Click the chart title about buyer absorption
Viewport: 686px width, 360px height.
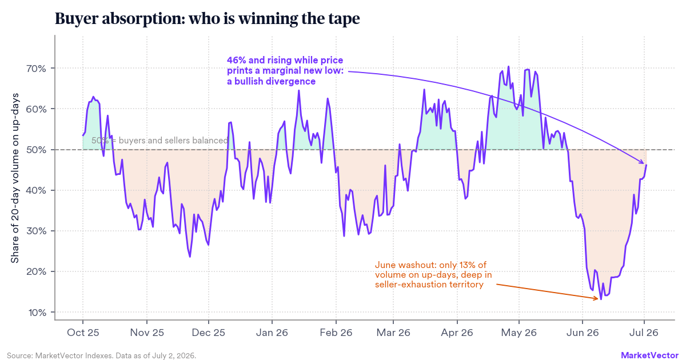click(x=208, y=19)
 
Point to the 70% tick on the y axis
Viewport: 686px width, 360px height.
click(x=53, y=68)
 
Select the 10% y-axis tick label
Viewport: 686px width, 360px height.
click(x=37, y=313)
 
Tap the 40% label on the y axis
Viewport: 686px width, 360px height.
click(x=36, y=190)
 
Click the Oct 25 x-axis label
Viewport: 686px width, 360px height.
click(x=83, y=333)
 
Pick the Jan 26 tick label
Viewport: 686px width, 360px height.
click(x=272, y=333)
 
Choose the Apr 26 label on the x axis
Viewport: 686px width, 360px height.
click(x=457, y=333)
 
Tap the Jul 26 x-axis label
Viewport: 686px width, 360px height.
click(x=644, y=333)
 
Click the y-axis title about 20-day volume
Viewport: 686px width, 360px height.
click(x=15, y=178)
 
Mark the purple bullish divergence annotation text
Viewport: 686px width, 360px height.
click(x=285, y=71)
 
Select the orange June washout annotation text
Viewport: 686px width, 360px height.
click(x=433, y=275)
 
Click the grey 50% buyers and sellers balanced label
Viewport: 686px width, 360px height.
click(x=159, y=141)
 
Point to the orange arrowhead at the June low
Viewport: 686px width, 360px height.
click(x=597, y=298)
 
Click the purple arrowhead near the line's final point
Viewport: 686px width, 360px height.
click(x=642, y=162)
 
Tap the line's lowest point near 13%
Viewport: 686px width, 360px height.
click(x=601, y=299)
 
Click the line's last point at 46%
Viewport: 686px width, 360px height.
click(x=646, y=165)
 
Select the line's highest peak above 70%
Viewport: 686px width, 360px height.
click(x=508, y=66)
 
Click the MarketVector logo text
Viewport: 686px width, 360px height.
click(x=649, y=355)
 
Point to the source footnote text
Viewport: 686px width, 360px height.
click(x=101, y=355)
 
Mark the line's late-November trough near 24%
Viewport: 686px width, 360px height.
click(x=190, y=257)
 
